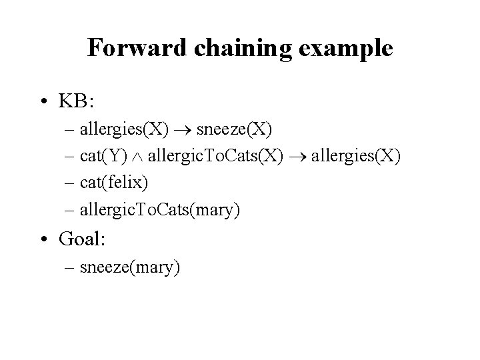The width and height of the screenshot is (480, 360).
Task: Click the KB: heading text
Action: point(77,102)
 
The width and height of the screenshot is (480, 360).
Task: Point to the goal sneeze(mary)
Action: point(129,268)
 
